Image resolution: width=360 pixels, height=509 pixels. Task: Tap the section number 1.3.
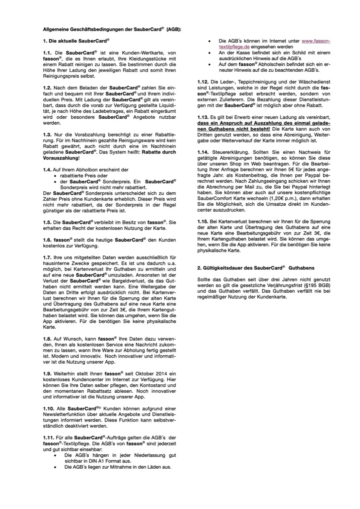(x=48, y=134)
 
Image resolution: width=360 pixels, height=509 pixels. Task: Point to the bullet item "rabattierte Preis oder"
(x=84, y=175)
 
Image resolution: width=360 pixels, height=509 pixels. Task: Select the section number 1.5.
(x=48, y=222)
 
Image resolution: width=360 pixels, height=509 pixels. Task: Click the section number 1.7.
(x=48, y=257)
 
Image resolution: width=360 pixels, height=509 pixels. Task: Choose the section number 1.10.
(x=49, y=408)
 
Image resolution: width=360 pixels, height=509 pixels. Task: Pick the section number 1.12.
(x=203, y=81)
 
